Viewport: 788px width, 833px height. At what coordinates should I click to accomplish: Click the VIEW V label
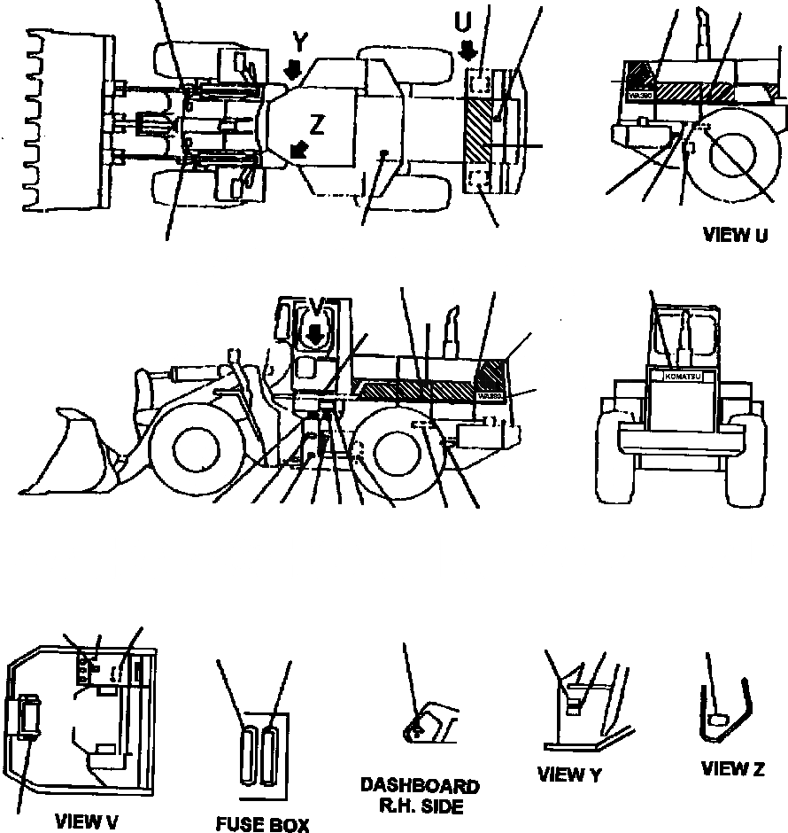[x=86, y=821]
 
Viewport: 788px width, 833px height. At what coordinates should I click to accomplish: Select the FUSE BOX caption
[x=263, y=825]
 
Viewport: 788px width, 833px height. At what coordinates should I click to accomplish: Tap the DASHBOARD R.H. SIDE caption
[x=421, y=796]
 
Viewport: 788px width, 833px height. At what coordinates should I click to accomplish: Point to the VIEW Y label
[x=569, y=775]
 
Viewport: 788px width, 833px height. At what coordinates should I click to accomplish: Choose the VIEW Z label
[x=732, y=768]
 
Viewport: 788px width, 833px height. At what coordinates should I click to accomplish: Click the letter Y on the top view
[x=301, y=43]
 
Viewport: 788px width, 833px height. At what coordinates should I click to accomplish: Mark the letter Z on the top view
[x=317, y=126]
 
